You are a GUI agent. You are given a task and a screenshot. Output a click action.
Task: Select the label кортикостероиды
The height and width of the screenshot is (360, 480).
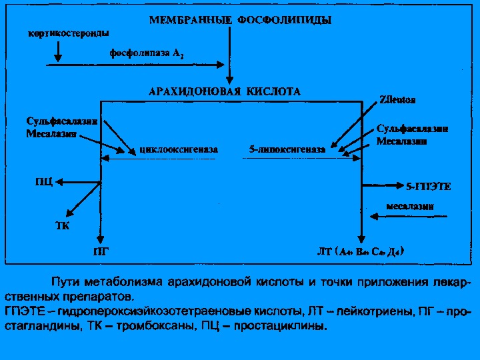tap(69, 32)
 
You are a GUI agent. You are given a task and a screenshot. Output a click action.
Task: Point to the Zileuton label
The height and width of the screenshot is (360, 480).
tap(397, 100)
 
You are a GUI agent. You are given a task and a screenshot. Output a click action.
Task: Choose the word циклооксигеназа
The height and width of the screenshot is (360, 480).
tap(179, 150)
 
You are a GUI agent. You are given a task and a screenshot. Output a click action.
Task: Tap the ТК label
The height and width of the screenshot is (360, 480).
tap(62, 225)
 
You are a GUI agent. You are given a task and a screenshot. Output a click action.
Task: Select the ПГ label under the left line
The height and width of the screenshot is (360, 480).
tap(100, 252)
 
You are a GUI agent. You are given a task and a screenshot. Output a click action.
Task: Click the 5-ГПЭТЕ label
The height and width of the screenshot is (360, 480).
tap(428, 187)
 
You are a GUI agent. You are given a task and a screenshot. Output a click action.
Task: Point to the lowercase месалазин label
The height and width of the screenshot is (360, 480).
tap(410, 206)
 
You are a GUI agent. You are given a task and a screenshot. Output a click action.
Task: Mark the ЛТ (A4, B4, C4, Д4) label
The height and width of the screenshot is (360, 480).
tap(360, 252)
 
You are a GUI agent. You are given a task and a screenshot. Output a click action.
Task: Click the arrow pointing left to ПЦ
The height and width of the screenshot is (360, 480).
tap(77, 181)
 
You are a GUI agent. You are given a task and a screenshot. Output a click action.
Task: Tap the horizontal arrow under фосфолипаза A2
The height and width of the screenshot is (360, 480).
tap(133, 65)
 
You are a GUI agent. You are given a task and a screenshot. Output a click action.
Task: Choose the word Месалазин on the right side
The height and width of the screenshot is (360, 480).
tap(402, 141)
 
